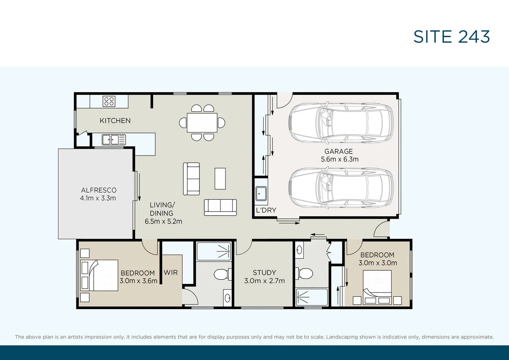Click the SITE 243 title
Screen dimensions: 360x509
pos(451,37)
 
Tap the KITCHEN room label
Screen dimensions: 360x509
pos(115,121)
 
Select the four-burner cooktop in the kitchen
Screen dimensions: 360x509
pos(109,101)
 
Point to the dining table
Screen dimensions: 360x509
pos(202,123)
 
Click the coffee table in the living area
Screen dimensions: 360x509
pos(220,179)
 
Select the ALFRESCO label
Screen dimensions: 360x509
pos(99,190)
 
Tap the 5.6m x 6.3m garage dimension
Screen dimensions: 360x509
pos(340,159)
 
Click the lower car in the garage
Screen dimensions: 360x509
pos(341,188)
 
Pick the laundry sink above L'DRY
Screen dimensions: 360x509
pos(261,194)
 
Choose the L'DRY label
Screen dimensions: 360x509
pos(266,210)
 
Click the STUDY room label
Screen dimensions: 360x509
pos(264,273)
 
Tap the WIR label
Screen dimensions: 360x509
pos(171,272)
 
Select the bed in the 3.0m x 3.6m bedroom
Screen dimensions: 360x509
pos(99,275)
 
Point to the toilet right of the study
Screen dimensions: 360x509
pos(304,273)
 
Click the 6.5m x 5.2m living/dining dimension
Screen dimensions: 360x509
pos(163,221)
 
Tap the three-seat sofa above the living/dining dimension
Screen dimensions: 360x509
pos(220,207)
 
